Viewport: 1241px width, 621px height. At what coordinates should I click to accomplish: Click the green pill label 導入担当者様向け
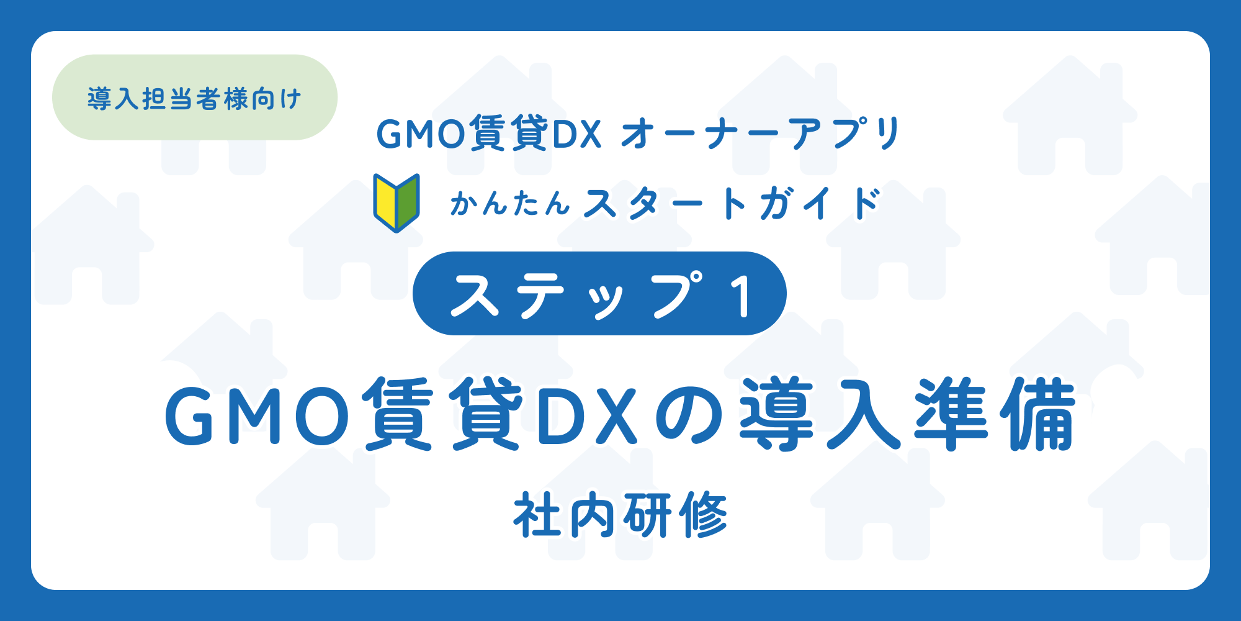(x=194, y=97)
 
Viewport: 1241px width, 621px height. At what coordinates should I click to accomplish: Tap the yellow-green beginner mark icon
(x=396, y=202)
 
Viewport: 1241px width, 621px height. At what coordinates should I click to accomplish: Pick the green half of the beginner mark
(x=408, y=202)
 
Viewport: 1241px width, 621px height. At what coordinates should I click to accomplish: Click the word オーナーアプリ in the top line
(x=761, y=134)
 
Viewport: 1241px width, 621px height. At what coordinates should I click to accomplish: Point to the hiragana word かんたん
(x=510, y=203)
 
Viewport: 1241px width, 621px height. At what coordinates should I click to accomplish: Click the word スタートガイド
(x=732, y=203)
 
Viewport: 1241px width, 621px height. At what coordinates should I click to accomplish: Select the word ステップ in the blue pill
(x=577, y=295)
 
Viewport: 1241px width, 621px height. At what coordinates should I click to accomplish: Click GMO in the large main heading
(x=258, y=415)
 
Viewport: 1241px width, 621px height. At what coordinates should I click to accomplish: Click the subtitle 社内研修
(x=620, y=515)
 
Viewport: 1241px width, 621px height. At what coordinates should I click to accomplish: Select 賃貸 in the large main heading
(x=444, y=414)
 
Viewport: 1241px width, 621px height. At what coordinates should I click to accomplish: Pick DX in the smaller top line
(x=576, y=134)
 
